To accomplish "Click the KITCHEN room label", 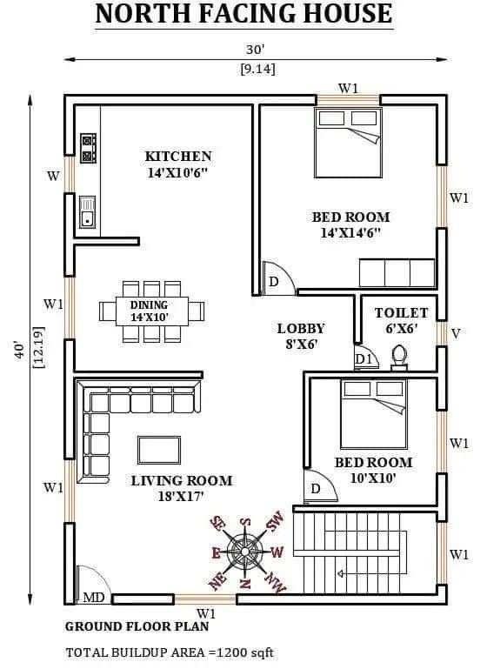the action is [x=177, y=156].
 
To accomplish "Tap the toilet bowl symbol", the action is [x=399, y=358].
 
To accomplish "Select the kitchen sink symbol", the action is [x=88, y=211].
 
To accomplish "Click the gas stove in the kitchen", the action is [x=89, y=148].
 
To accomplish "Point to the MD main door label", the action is [x=93, y=598].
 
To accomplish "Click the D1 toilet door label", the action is [x=364, y=359].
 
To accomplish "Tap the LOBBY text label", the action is [x=301, y=329].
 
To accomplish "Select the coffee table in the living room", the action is [x=159, y=450].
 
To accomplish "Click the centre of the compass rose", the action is [x=244, y=552].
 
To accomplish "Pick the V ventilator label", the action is [x=456, y=333].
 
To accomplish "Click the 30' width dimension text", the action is [x=255, y=50].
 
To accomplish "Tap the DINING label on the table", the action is [x=149, y=305].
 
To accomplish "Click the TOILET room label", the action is [x=401, y=312].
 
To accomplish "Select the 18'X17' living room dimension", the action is [x=181, y=497].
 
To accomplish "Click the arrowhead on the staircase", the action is [x=340, y=574].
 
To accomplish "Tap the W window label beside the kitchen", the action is [x=53, y=177].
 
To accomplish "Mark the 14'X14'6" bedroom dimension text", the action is [x=350, y=233].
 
